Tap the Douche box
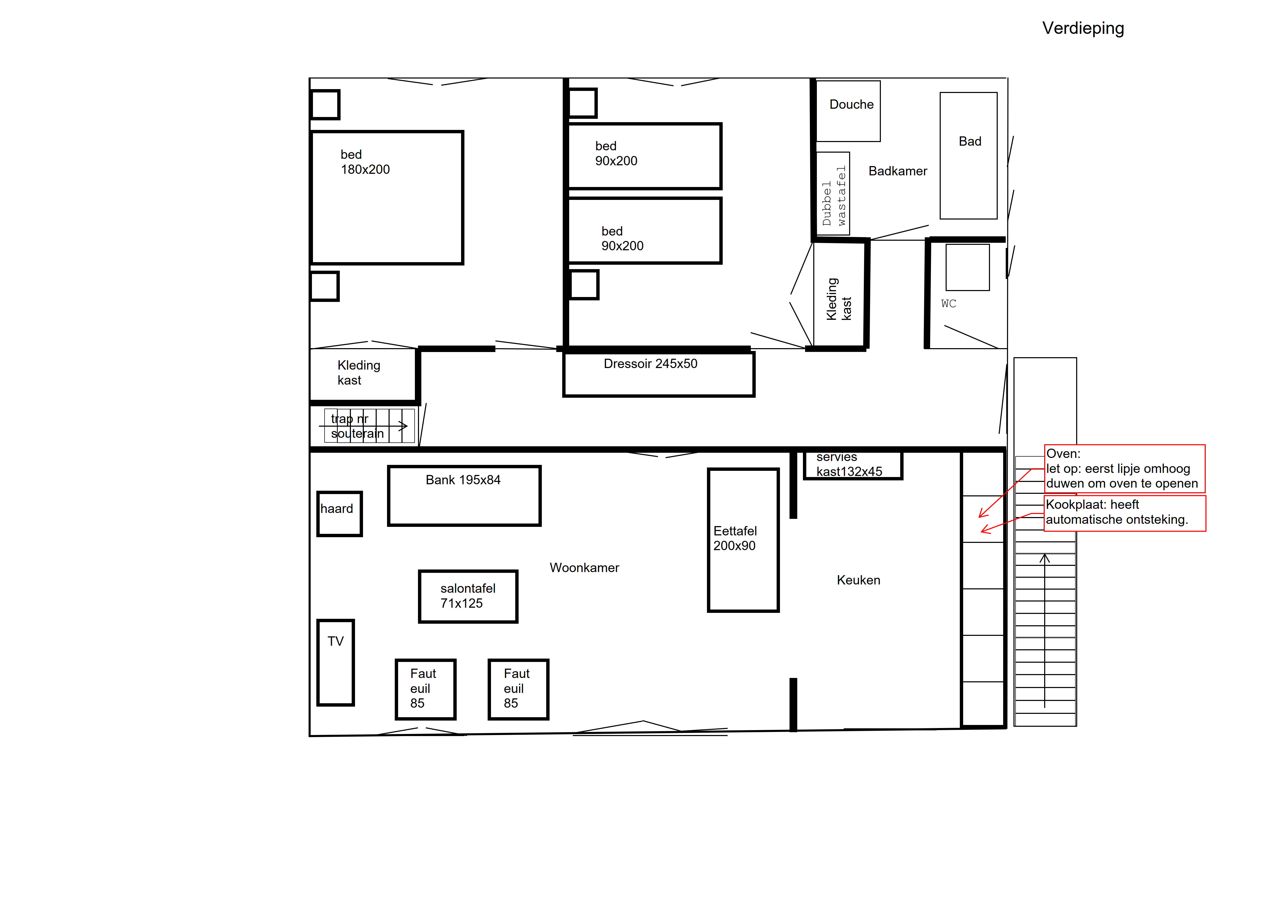click(x=848, y=111)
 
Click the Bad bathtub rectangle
click(x=968, y=156)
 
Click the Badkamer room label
click(x=898, y=171)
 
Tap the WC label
click(x=948, y=303)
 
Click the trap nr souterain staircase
click(x=369, y=426)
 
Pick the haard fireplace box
click(x=340, y=514)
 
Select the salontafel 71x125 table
click(x=468, y=596)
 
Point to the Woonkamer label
click(x=584, y=568)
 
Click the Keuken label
click(x=859, y=580)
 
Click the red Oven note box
click(x=1124, y=468)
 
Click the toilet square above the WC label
click(x=968, y=267)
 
